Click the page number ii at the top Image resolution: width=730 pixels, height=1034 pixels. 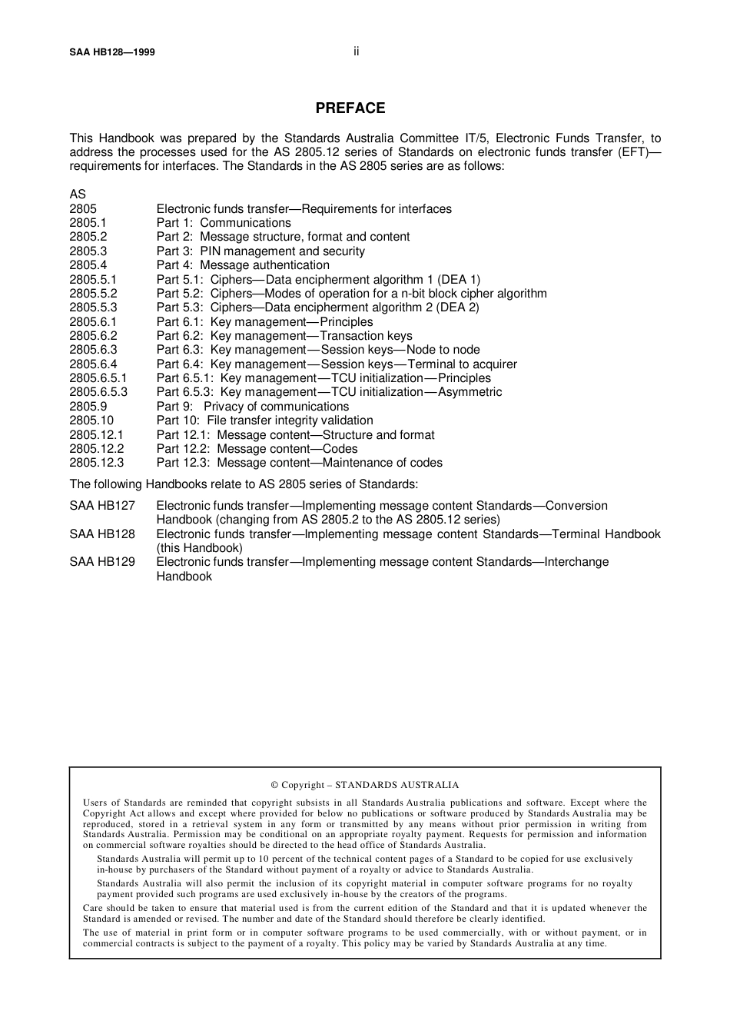[357, 52]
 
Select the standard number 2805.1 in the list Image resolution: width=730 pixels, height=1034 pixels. [88, 223]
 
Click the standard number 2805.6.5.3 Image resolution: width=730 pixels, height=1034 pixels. [98, 392]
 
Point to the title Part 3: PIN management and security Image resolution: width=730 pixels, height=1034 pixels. [260, 251]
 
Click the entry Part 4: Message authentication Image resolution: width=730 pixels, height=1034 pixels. [243, 265]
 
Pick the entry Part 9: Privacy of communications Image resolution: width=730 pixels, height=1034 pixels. [252, 407]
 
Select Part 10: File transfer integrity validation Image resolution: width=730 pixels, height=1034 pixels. [264, 421]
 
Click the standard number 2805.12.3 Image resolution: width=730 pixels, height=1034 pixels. [96, 463]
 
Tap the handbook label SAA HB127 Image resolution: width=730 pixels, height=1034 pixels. [101, 506]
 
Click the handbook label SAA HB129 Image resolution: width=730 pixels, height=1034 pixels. [101, 562]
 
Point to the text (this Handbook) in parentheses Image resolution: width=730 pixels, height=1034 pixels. [199, 548]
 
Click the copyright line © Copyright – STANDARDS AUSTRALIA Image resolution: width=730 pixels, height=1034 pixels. [364, 785]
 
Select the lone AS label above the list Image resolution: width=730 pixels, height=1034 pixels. [78, 194]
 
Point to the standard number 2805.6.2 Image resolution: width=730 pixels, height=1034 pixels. [93, 336]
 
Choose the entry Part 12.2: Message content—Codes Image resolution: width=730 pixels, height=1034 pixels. [257, 449]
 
